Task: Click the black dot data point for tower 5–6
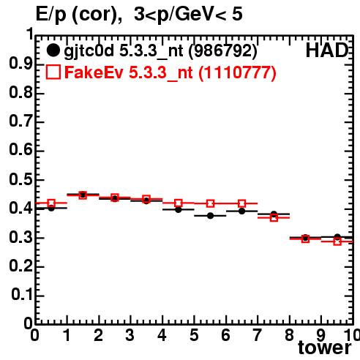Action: click(210, 216)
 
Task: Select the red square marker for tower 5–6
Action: click(210, 203)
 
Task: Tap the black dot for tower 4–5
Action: click(179, 209)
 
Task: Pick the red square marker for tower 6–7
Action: click(241, 203)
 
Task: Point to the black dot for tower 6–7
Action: click(241, 211)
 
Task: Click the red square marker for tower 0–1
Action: click(51, 203)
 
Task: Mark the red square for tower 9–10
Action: click(337, 241)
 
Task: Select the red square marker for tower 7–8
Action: click(274, 217)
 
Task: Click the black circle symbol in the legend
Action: click(53, 50)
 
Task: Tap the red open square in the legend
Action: click(53, 72)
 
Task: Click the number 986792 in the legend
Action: click(223, 50)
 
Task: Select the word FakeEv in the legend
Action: click(94, 72)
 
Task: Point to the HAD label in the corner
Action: click(327, 50)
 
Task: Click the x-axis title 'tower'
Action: click(325, 348)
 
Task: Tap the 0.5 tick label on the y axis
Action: click(20, 179)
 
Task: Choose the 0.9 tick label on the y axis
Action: click(20, 64)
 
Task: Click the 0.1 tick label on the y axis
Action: click(22, 295)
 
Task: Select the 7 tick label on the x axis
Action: click(258, 335)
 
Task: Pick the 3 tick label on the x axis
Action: click(130, 335)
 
